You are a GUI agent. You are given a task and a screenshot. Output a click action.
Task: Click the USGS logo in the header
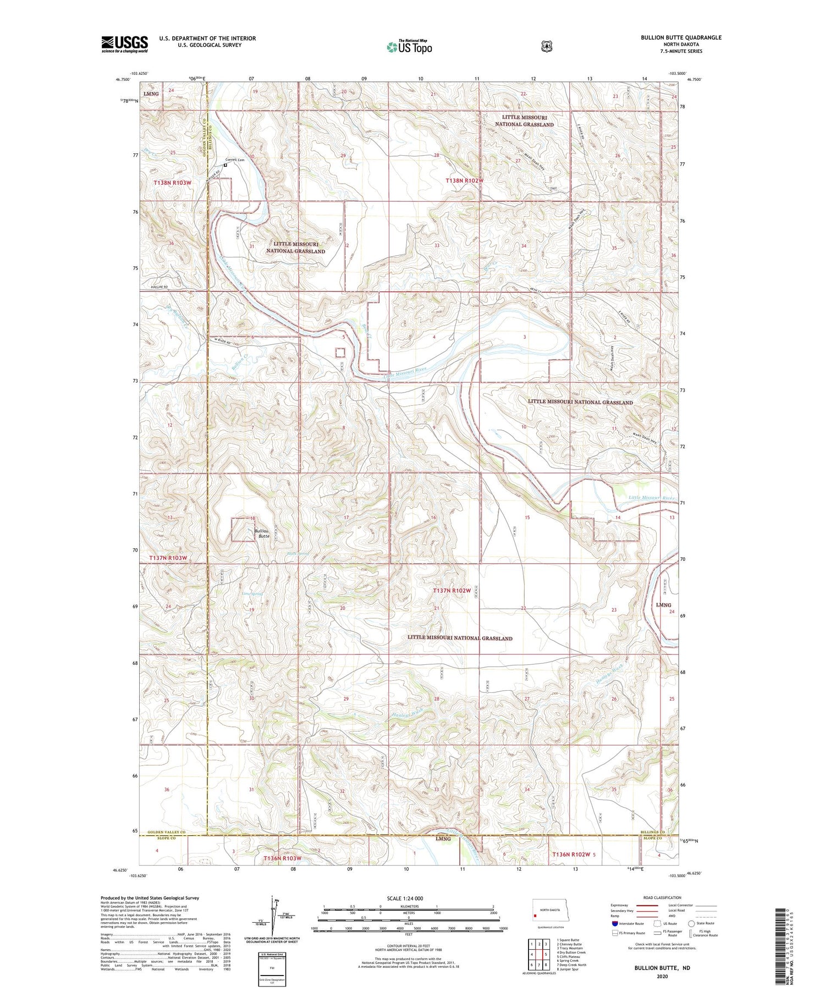coord(124,44)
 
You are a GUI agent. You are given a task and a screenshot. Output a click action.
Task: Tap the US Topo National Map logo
coord(409,46)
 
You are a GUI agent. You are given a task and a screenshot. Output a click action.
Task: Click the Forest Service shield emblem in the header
coord(546,47)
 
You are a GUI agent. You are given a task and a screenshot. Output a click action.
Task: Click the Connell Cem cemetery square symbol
coord(226,164)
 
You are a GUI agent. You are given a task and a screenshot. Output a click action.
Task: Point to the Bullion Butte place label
coord(262,533)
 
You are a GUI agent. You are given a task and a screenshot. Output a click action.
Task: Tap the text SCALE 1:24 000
coord(405,898)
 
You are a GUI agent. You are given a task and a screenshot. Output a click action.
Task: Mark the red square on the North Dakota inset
coord(535,916)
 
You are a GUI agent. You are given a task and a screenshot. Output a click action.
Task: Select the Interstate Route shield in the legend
coord(615,923)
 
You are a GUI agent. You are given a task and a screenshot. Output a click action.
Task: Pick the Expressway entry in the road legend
coord(619,905)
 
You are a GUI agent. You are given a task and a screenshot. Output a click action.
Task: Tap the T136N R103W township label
coord(282,858)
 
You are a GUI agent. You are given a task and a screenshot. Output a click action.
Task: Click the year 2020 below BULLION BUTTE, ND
coord(662,977)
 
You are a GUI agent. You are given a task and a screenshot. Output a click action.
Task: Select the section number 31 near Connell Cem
coord(252,246)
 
